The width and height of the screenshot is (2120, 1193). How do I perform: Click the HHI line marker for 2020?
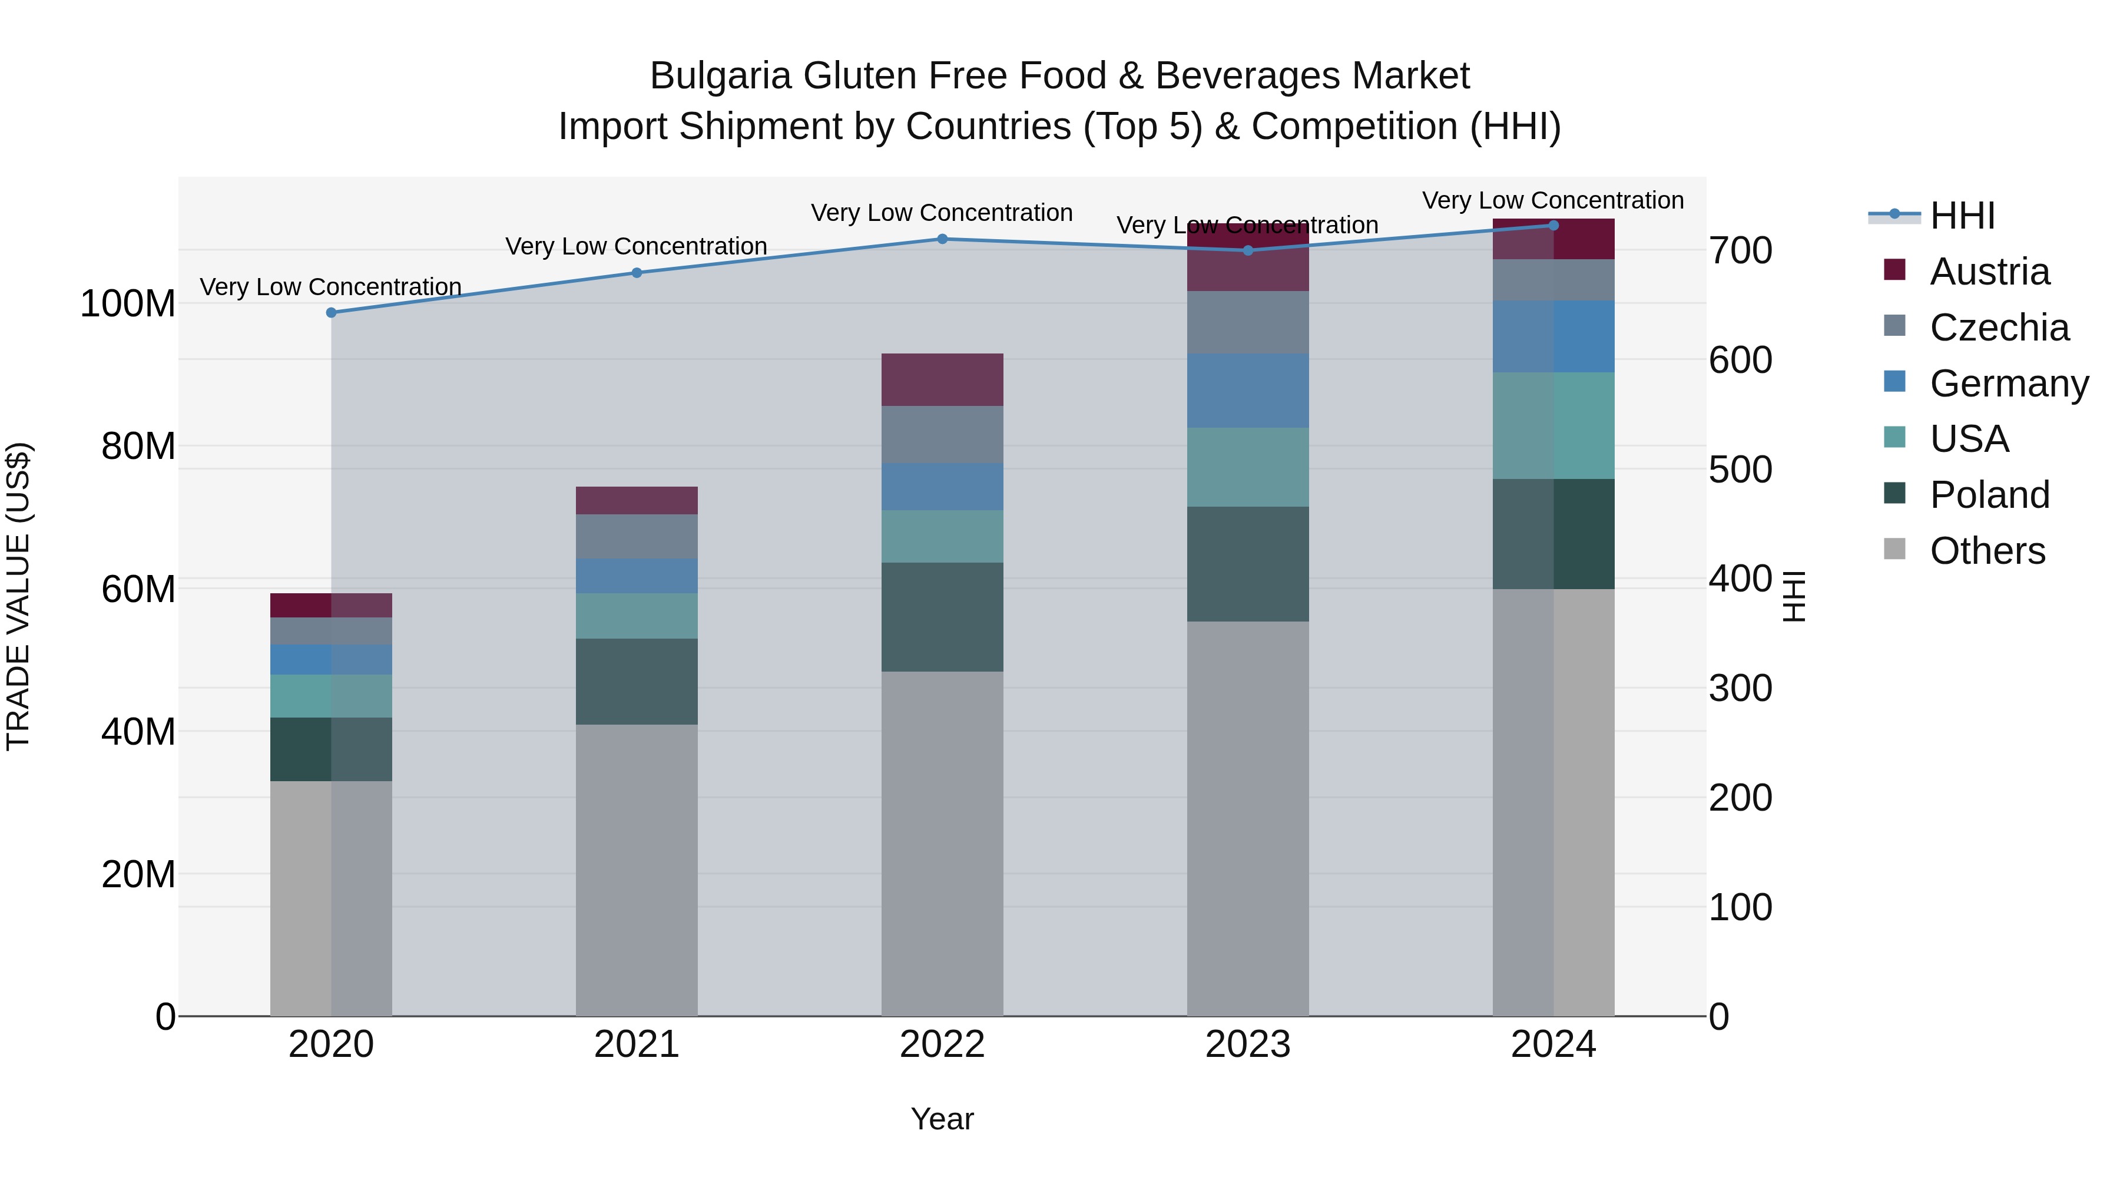(x=331, y=313)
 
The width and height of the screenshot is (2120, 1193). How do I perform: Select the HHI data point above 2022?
(x=942, y=240)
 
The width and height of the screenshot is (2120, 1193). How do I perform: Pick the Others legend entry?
(x=1987, y=551)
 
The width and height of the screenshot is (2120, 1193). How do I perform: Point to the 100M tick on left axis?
(x=128, y=304)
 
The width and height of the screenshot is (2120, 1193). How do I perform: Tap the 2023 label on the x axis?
(x=1248, y=1045)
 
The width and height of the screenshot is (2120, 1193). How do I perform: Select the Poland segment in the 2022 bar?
(x=942, y=617)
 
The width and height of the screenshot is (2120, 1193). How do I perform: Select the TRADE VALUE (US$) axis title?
(x=18, y=596)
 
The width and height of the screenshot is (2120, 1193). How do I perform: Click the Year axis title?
(x=942, y=1119)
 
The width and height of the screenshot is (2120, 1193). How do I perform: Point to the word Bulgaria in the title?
(x=720, y=76)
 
